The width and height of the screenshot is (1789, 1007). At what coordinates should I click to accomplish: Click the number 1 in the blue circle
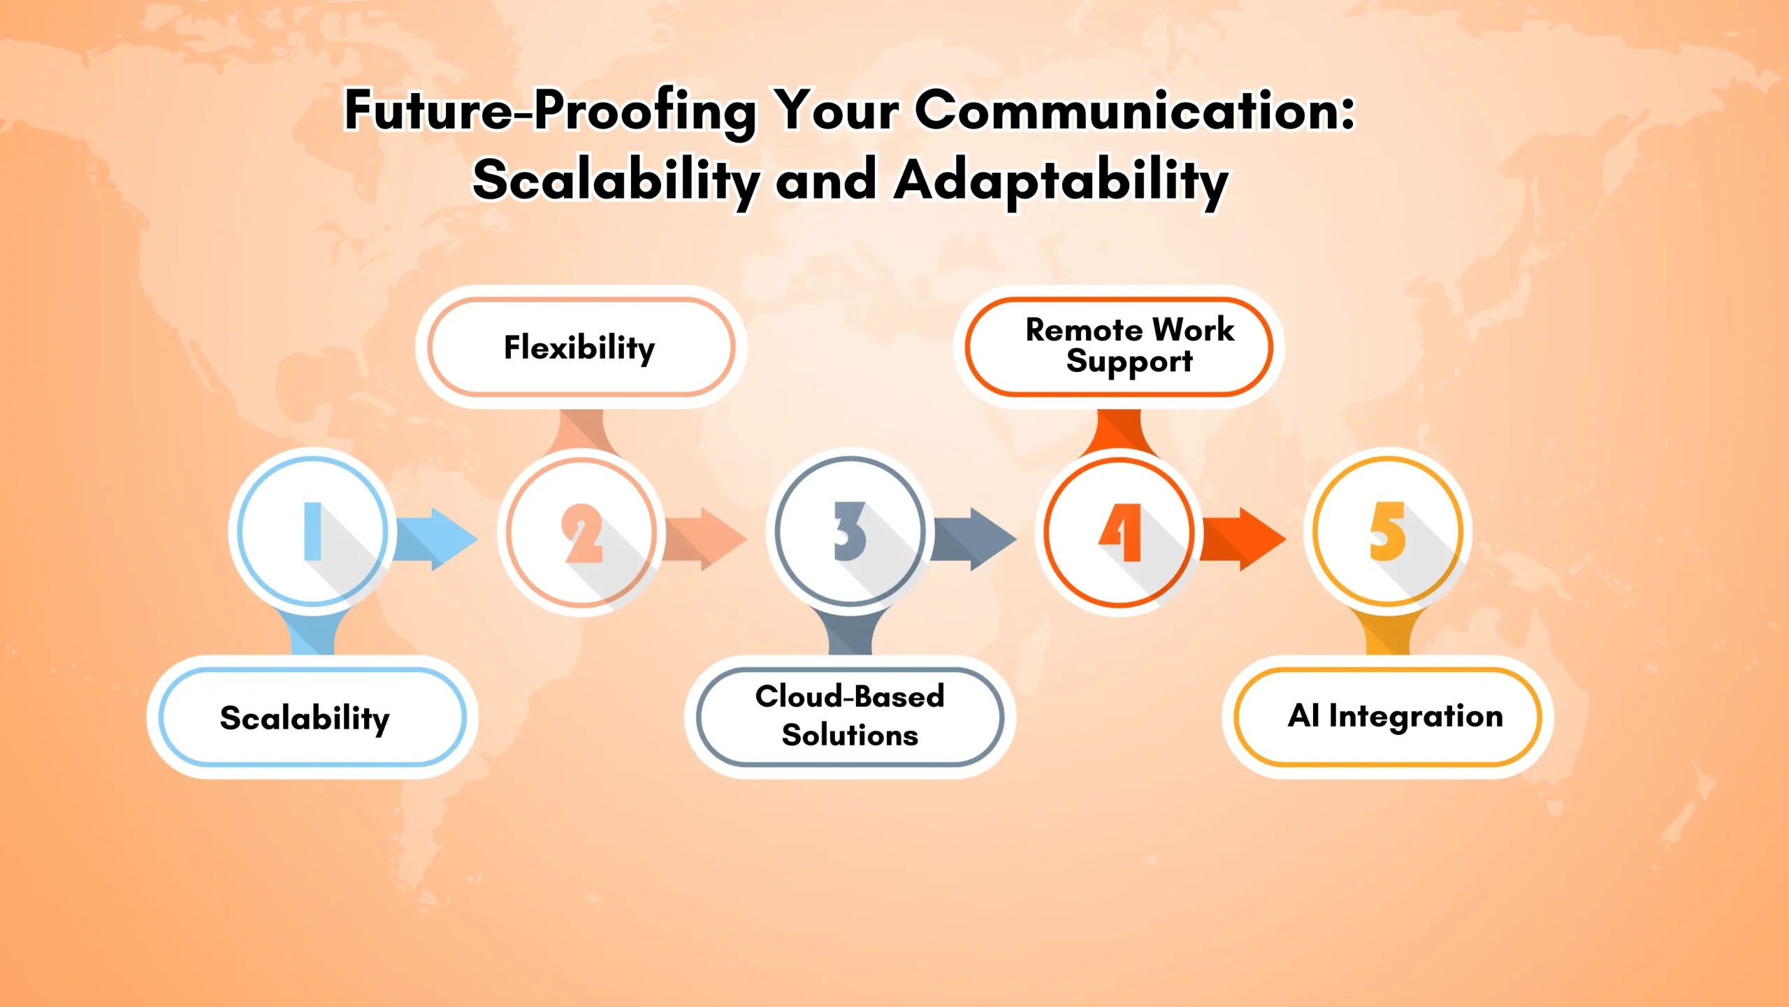pos(312,531)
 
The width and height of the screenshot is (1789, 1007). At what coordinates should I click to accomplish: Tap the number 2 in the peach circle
pos(582,533)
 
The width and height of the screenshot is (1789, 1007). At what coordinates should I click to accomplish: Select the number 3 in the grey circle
pos(850,531)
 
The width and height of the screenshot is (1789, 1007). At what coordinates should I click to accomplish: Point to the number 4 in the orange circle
pos(1121,533)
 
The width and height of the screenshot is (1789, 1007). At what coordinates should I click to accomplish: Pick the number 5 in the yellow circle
pos(1387,531)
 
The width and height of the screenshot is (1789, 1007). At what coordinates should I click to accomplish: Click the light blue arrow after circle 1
pos(435,539)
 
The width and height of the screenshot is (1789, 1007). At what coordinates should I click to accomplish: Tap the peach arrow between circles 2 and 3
pos(704,539)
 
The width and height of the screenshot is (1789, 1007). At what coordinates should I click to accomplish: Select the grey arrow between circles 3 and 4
pos(974,539)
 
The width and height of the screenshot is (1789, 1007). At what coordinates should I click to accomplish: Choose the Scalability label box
pos(312,717)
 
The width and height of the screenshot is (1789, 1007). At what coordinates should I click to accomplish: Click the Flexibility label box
pos(581,348)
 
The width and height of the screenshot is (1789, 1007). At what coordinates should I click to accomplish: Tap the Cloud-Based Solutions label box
pos(850,717)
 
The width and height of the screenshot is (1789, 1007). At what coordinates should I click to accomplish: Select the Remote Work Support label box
pos(1119,347)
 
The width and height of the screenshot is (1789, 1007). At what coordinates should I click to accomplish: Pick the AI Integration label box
pos(1388,717)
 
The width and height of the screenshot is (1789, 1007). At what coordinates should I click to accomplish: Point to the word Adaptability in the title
pos(1061,180)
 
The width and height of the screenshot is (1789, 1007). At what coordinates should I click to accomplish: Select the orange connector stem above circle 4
pos(1119,430)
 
